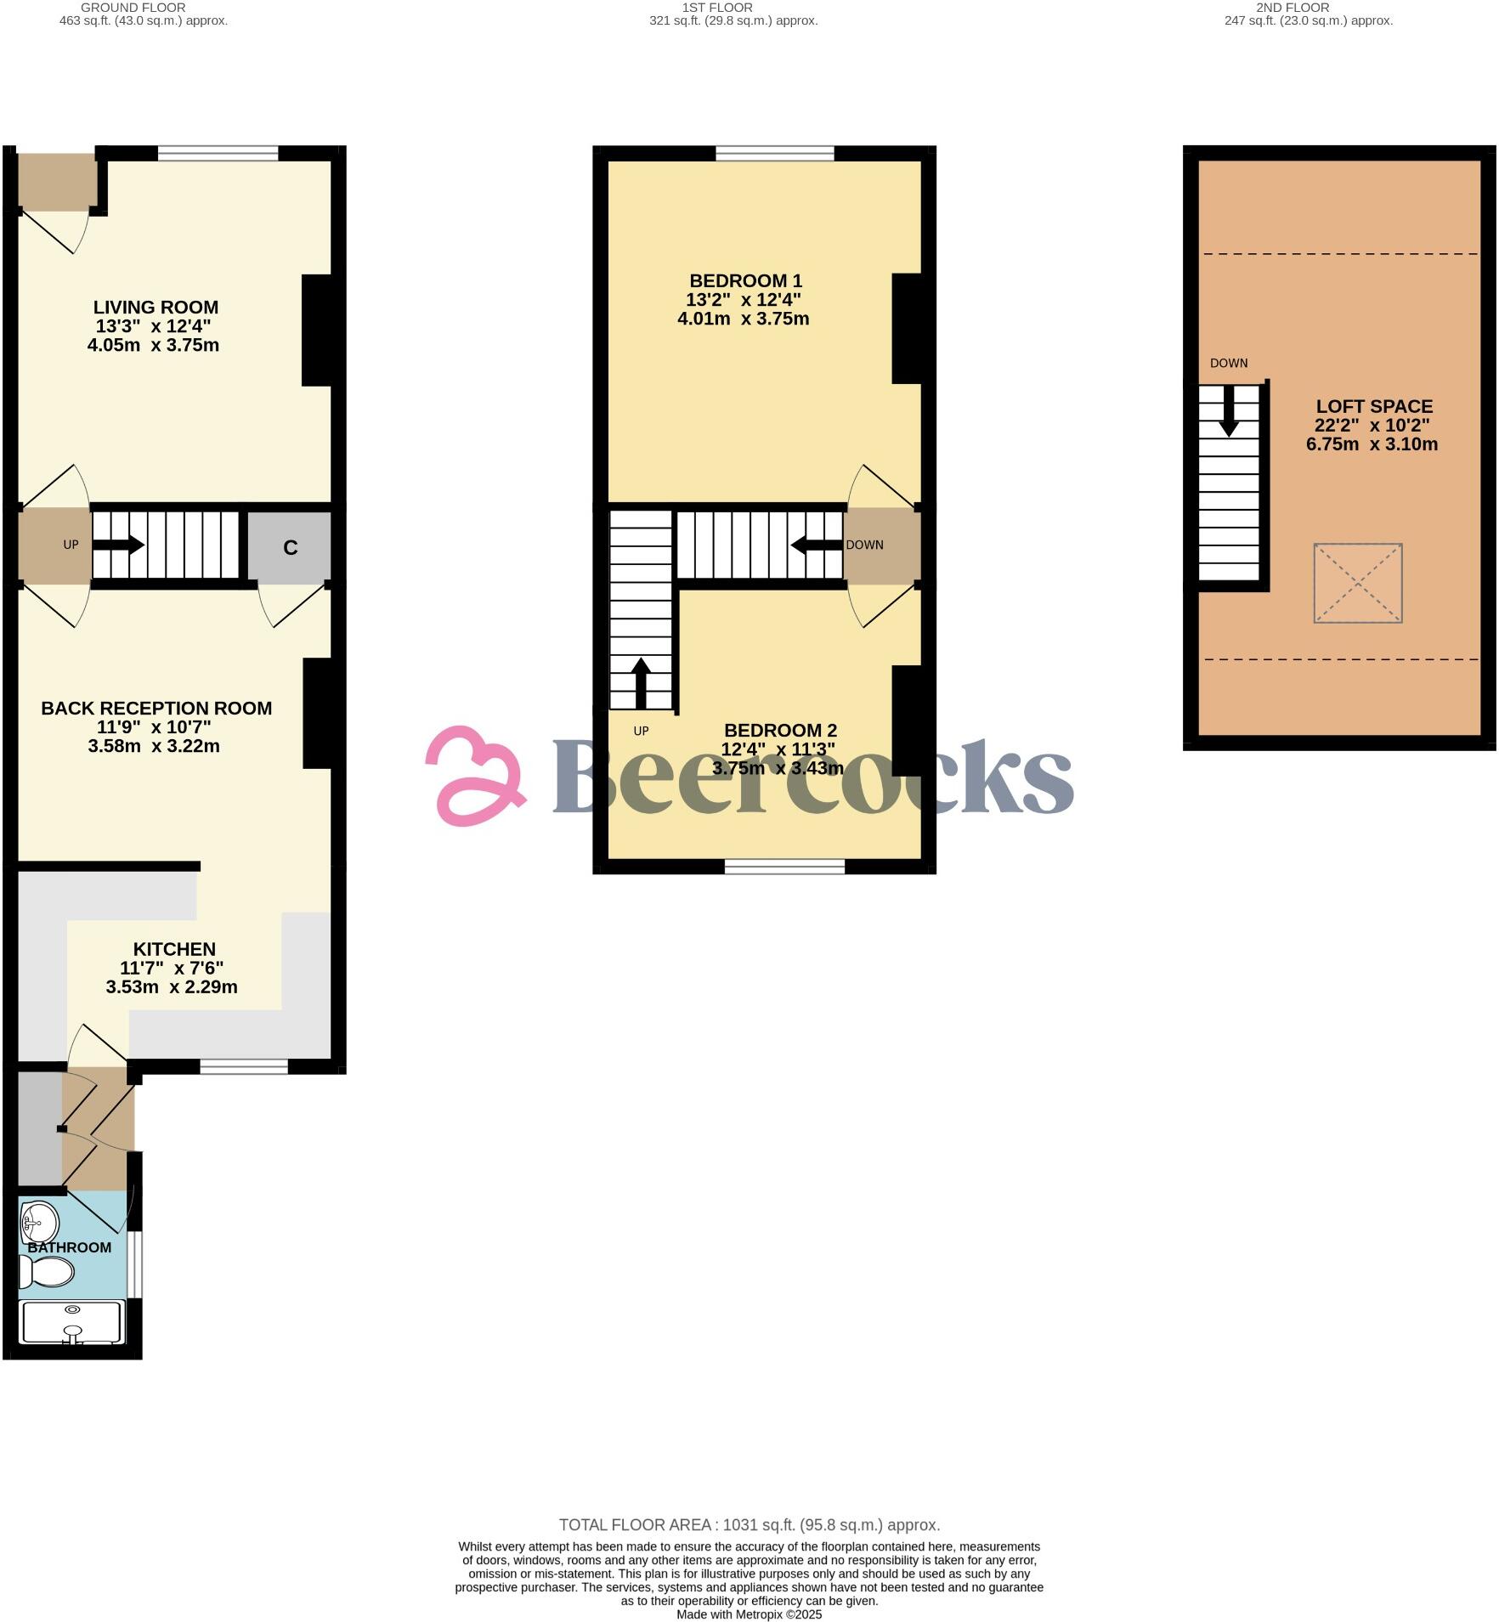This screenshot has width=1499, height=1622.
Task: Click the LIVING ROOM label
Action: pos(156,308)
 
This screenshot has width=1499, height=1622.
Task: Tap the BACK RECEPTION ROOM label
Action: pos(156,708)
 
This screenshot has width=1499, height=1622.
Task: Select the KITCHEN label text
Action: pos(174,949)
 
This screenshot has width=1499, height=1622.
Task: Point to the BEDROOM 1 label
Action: pos(745,281)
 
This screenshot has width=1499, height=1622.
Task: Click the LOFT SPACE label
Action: pos(1374,407)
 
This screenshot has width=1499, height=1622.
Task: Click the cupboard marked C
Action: pos(290,547)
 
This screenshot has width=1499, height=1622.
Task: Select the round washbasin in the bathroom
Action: pos(39,1224)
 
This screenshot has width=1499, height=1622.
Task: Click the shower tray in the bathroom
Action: pos(73,1323)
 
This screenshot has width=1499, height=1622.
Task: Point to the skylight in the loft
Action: pos(1357,583)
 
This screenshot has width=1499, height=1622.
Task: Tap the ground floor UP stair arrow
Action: pos(118,545)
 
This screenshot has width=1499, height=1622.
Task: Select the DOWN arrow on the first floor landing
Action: pos(817,545)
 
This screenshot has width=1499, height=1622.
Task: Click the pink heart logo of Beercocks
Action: pos(474,776)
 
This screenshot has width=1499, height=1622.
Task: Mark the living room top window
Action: pos(218,154)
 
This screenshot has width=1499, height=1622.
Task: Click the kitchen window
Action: pos(244,1066)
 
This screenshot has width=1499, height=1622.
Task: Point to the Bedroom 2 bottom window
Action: pos(784,866)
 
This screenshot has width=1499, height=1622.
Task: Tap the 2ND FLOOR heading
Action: pos(1293,8)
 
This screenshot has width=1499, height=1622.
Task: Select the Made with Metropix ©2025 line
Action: pos(749,1614)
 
